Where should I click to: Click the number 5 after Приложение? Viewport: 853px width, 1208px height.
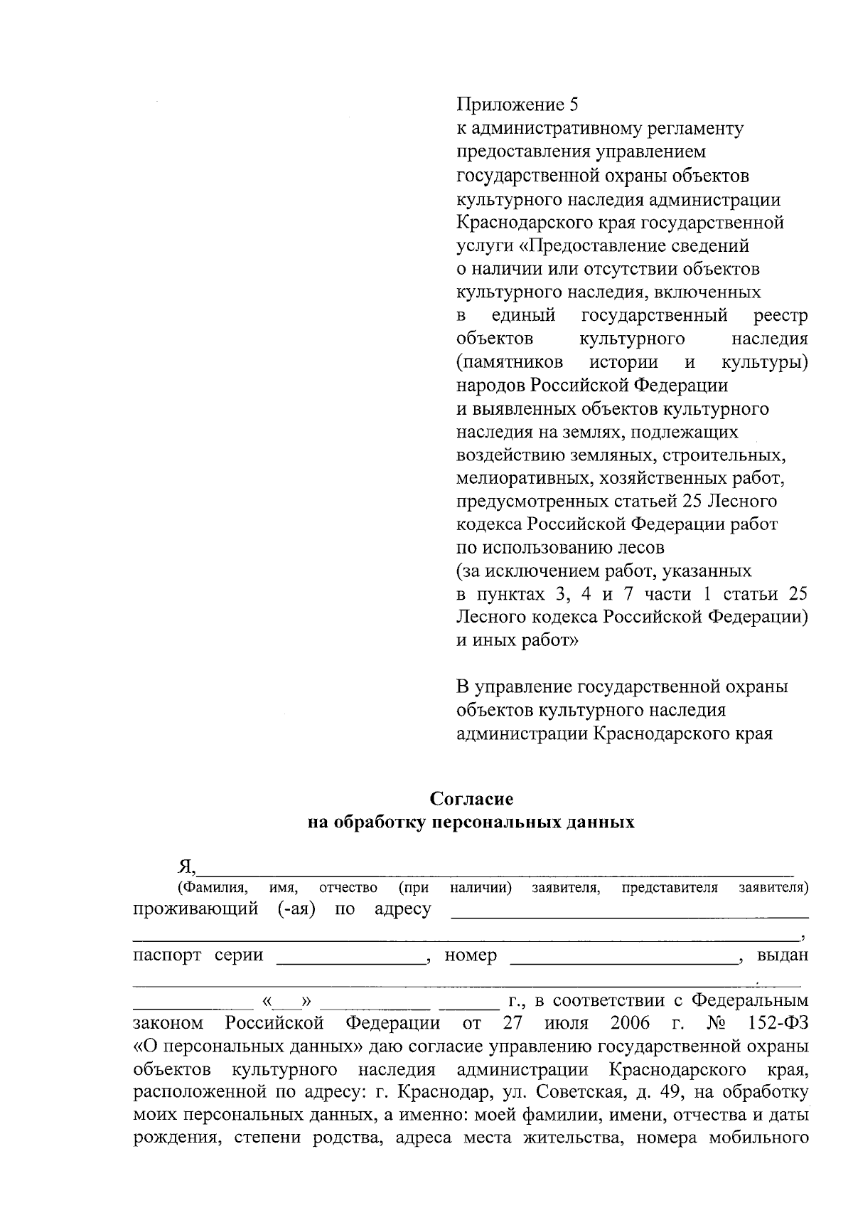[x=574, y=106]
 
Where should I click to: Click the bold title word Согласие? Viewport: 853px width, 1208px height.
[x=471, y=799]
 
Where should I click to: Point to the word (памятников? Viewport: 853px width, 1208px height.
[x=510, y=362]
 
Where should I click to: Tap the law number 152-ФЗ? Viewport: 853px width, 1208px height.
[x=778, y=1024]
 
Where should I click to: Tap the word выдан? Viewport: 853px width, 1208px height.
[x=783, y=955]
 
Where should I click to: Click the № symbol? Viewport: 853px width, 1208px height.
[x=715, y=1024]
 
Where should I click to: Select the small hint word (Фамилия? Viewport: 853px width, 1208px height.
[x=212, y=888]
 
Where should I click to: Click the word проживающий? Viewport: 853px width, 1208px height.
[x=195, y=909]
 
